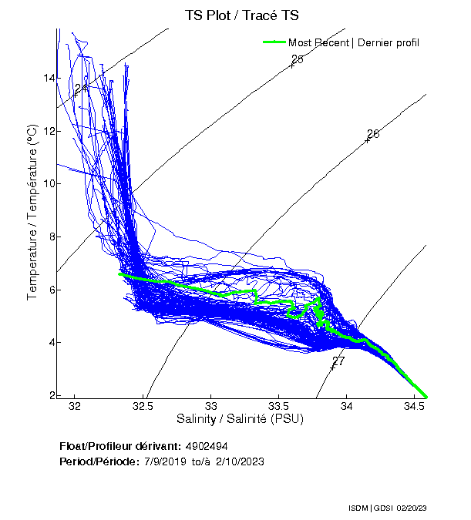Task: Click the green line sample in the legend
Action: pyautogui.click(x=274, y=42)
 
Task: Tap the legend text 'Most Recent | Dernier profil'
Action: pyautogui.click(x=354, y=42)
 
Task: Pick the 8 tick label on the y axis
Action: pyautogui.click(x=51, y=237)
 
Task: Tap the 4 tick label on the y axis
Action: pyautogui.click(x=51, y=342)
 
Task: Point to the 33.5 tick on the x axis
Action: pyautogui.click(x=278, y=405)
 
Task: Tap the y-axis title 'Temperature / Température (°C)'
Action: pyautogui.click(x=32, y=213)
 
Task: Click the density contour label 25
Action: pyautogui.click(x=298, y=59)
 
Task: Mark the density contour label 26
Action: pyautogui.click(x=373, y=134)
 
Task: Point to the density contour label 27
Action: pyautogui.click(x=338, y=361)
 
